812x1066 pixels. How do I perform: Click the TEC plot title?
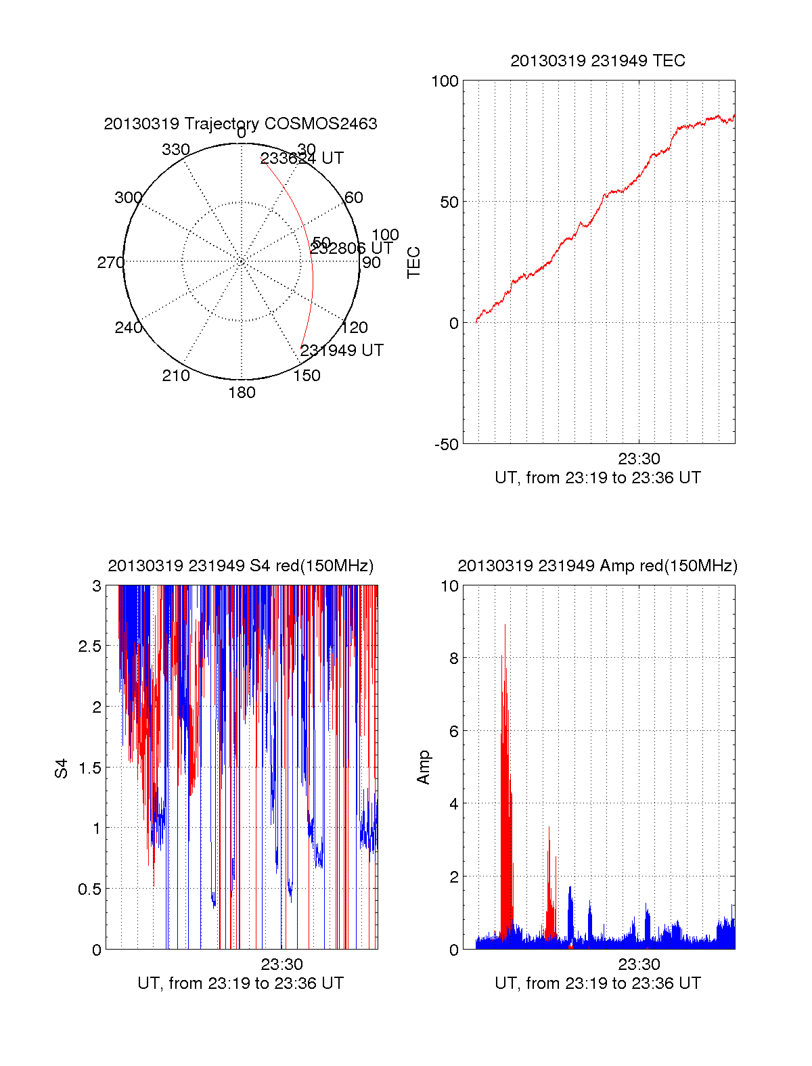[x=597, y=61]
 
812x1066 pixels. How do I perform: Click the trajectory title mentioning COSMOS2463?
[x=240, y=124]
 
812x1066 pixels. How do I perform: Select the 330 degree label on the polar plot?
[x=176, y=150]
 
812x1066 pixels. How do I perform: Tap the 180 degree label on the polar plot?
[x=242, y=393]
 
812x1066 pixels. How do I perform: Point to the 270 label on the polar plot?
[x=110, y=263]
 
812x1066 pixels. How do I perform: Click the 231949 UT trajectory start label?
[x=342, y=351]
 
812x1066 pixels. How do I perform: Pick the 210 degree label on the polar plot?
[x=176, y=376]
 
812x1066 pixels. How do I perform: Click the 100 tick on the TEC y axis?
[x=445, y=81]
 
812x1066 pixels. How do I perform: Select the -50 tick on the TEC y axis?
[x=446, y=445]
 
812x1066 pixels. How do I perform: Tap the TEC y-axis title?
[x=414, y=263]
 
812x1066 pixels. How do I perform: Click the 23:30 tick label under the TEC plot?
[x=639, y=459]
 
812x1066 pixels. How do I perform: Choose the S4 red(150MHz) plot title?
[x=240, y=566]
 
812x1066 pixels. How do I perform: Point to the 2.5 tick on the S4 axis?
[x=89, y=646]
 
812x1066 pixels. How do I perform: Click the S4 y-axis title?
[x=62, y=768]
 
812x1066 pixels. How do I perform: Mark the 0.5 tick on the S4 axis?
[x=89, y=889]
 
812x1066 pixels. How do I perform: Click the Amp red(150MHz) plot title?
[x=597, y=566]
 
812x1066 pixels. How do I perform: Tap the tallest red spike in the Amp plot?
[x=505, y=626]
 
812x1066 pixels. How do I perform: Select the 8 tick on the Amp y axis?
[x=453, y=659]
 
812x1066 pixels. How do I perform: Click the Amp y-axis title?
[x=424, y=768]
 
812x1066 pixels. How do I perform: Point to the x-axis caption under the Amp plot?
[x=597, y=983]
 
